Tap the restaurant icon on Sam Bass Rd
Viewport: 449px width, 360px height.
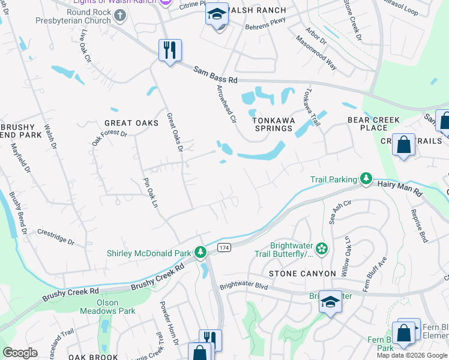coord(170,50)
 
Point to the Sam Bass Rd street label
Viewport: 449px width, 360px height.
coord(215,74)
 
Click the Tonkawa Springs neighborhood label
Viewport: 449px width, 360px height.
coord(272,124)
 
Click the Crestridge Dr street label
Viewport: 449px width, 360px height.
coord(55,238)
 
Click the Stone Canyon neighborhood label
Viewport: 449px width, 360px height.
coord(302,274)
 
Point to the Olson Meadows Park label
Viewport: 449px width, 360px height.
coord(108,307)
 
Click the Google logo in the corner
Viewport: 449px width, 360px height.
coord(20,353)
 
